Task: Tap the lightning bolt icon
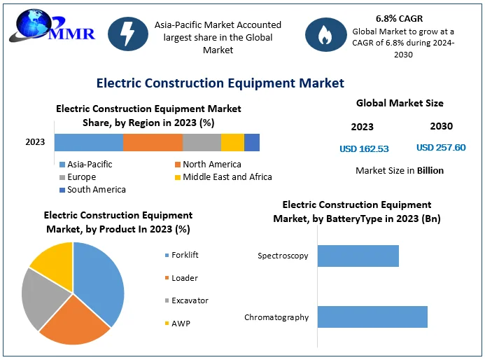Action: [127, 35]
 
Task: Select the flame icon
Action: [324, 35]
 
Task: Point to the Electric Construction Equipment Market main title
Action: [220, 83]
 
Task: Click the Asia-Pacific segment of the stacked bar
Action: [88, 142]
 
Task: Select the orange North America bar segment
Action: [153, 142]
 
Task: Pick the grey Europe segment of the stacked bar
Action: [202, 142]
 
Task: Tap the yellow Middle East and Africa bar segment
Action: [232, 142]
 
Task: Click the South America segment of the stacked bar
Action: [252, 142]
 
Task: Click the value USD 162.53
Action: [364, 148]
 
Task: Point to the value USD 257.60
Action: [441, 148]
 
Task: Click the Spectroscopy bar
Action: [358, 256]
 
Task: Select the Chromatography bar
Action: [372, 317]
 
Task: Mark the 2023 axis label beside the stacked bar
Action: [35, 142]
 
